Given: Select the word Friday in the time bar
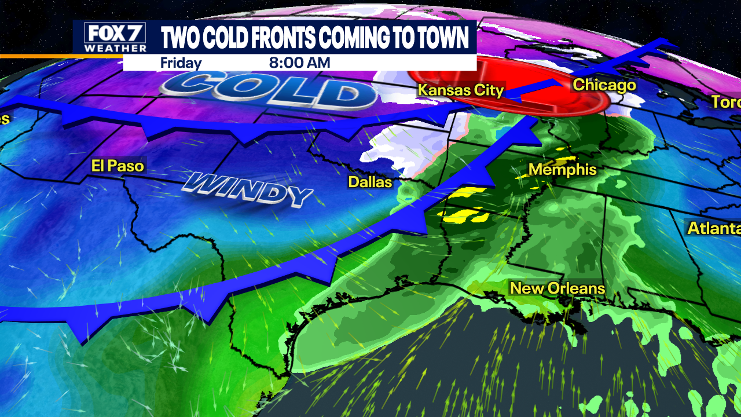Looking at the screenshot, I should pyautogui.click(x=181, y=63).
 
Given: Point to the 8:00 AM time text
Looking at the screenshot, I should pyautogui.click(x=299, y=63).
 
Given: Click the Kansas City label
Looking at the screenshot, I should pyautogui.click(x=461, y=90).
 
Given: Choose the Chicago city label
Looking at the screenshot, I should pyautogui.click(x=604, y=86).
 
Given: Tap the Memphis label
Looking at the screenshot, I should pyautogui.click(x=562, y=170).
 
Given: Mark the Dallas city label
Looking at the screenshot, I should pyautogui.click(x=370, y=182).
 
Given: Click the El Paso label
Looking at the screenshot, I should pyautogui.click(x=118, y=166).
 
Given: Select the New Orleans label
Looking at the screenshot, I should pyautogui.click(x=557, y=288).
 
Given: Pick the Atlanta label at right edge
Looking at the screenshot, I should pyautogui.click(x=714, y=228).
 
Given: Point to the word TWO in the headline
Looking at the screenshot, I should pyautogui.click(x=179, y=38).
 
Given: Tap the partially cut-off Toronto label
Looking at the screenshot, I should pyautogui.click(x=726, y=102).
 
